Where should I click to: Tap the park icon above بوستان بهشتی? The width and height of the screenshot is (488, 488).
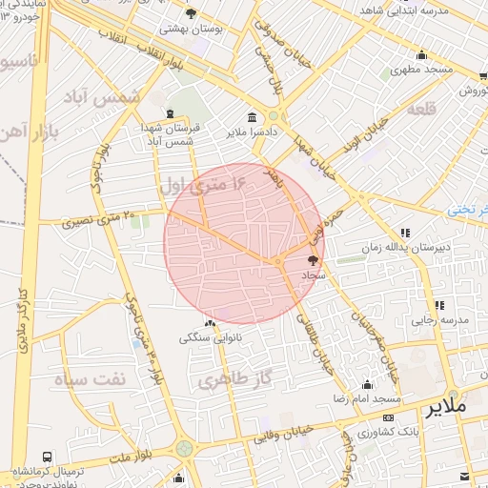point(192,13)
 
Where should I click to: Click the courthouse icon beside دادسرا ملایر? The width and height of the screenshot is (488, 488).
point(252,118)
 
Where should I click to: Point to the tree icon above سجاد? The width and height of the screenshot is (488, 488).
point(313,259)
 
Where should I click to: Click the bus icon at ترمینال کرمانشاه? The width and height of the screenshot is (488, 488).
point(48,457)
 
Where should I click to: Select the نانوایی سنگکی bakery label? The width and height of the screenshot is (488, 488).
point(212,338)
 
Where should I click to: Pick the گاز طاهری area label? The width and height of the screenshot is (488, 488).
point(237,380)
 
